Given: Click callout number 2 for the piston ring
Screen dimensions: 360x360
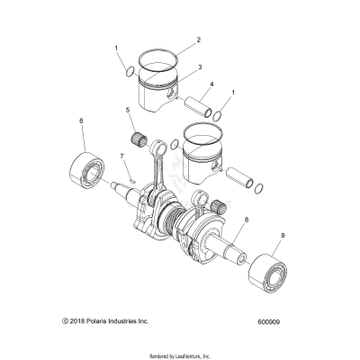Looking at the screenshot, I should pos(199,40).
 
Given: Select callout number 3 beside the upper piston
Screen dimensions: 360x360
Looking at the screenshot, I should pos(199,67).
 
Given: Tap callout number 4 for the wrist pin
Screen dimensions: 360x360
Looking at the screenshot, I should pos(211,86).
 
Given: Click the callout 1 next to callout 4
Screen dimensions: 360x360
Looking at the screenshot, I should pos(234,93).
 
